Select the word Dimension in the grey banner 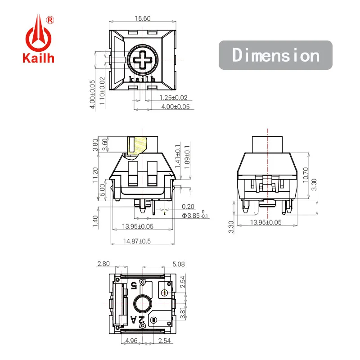coord(275,55)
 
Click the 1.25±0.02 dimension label coord(173,98)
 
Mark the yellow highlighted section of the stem coord(138,146)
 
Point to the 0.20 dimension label coord(188,207)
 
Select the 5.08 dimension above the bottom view coord(178,264)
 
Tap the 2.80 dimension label coord(103,264)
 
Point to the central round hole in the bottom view coord(142,305)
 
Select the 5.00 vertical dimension coord(103,190)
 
